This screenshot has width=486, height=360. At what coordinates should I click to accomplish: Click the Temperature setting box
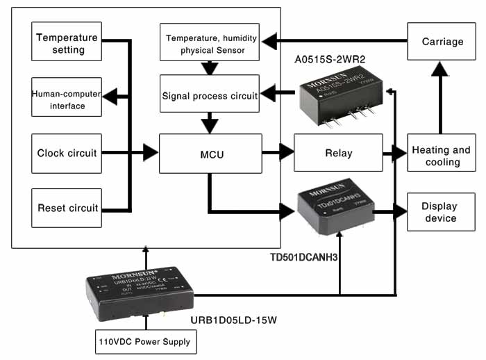point(67,42)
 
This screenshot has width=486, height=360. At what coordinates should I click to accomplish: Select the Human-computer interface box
point(67,97)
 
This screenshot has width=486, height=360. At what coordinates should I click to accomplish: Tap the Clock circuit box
point(67,153)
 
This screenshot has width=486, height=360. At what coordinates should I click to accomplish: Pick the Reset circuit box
point(67,208)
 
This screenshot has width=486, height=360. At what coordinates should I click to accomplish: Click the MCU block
point(210,154)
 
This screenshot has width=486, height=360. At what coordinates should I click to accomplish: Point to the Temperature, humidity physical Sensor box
point(210,42)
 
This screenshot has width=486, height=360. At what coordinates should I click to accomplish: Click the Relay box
point(338,154)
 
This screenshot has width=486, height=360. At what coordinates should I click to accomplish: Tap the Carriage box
point(442,42)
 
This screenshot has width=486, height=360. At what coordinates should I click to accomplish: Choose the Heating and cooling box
point(442,154)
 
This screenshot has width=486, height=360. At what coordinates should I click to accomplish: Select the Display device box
point(442,212)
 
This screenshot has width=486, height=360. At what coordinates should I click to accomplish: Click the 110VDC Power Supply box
point(146,342)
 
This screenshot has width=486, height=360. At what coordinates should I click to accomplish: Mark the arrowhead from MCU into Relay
point(287,152)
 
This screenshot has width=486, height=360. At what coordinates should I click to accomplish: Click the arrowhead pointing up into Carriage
point(440,68)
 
